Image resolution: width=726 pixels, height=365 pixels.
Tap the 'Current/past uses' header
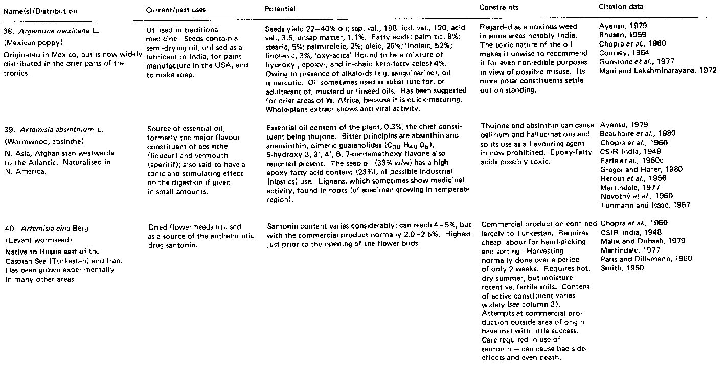click(172, 10)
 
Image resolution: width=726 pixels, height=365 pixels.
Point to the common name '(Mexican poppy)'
click(30, 40)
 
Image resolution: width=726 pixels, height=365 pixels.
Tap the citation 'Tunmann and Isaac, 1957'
click(644, 205)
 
